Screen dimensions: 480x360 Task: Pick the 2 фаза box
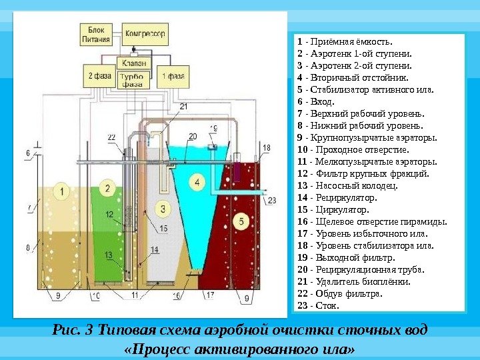point(99,76)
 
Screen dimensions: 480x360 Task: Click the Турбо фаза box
point(131,81)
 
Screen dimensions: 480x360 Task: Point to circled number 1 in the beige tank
point(61,191)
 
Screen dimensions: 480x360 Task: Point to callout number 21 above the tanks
point(183,106)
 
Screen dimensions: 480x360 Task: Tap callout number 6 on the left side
point(28,153)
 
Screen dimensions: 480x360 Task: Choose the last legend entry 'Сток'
point(319,306)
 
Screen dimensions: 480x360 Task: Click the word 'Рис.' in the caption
point(65,330)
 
